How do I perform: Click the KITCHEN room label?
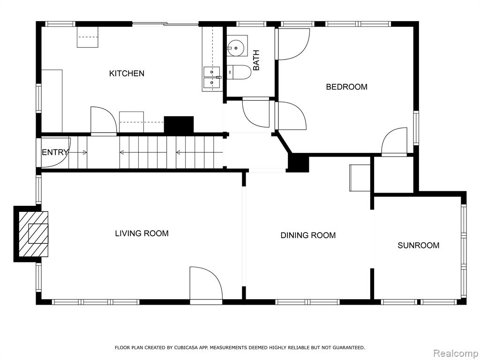[127, 74]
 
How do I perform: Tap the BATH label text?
[256, 60]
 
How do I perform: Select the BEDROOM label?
[346, 87]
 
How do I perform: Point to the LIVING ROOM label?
[142, 233]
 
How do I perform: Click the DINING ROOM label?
[308, 235]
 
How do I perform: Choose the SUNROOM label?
[419, 245]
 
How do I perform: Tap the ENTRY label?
[55, 152]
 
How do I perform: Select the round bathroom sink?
[236, 48]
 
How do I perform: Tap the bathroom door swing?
[256, 113]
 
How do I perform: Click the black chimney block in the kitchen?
[179, 125]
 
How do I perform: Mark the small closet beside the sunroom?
[394, 175]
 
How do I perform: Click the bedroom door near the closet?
[394, 142]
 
